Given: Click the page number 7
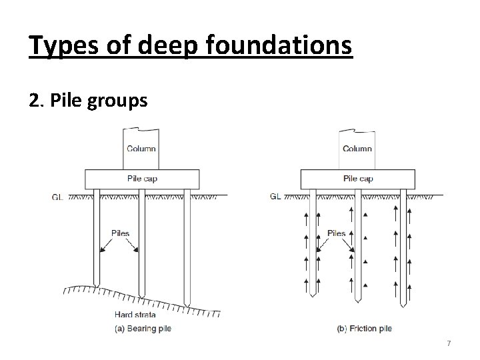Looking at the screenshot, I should click(449, 343).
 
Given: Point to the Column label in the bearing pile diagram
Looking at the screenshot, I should click(141, 148).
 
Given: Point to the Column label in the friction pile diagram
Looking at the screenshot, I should click(357, 148).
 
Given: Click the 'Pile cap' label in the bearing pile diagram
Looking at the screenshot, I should click(142, 179).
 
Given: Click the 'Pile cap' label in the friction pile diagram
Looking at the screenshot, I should click(359, 179).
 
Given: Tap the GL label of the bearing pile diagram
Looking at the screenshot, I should click(57, 197).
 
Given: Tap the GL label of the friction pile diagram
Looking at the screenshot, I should click(275, 197).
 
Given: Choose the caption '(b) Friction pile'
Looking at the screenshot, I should click(364, 329).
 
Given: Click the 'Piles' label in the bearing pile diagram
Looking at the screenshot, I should click(120, 234).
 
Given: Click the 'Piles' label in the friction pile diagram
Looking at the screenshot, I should click(337, 233).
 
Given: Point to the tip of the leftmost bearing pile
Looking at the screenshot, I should click(97, 287).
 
